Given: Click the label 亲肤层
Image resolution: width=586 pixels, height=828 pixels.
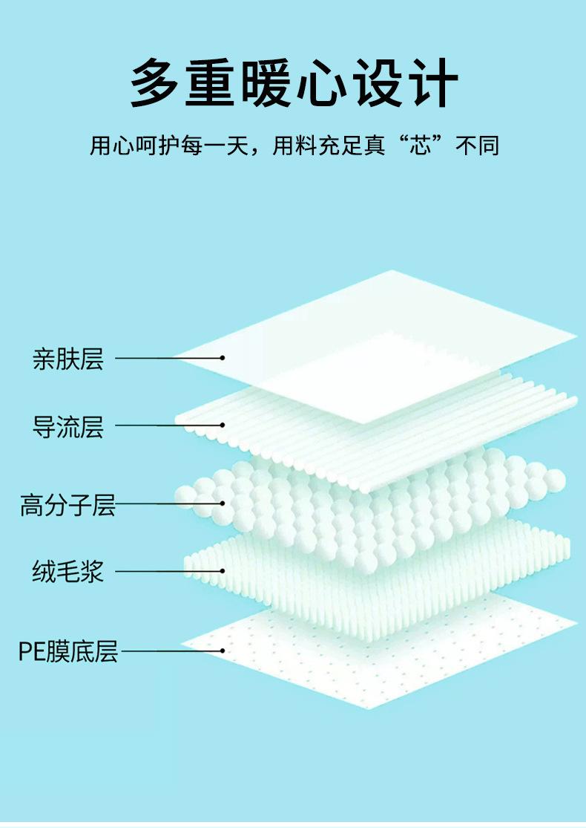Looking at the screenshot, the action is click(68, 359).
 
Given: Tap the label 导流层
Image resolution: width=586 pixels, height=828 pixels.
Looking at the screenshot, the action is click(68, 427).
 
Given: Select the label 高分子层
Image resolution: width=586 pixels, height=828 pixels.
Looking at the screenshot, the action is click(68, 506).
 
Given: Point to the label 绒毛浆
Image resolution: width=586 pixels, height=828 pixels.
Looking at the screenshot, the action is click(68, 572).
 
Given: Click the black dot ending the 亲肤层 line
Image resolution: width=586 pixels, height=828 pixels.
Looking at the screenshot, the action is click(222, 358).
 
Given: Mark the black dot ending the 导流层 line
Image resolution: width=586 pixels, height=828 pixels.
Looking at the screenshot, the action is click(222, 426).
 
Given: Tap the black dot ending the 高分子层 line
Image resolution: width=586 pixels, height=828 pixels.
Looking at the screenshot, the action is click(222, 503).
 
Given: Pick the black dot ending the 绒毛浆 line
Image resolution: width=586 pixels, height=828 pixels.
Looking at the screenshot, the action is click(222, 571).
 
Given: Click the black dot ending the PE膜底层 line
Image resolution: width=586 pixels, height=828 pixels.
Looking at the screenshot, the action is click(222, 651).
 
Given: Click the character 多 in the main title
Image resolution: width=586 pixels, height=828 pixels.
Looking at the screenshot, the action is click(157, 82).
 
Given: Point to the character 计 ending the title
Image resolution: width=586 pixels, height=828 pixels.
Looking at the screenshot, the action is click(430, 82).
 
